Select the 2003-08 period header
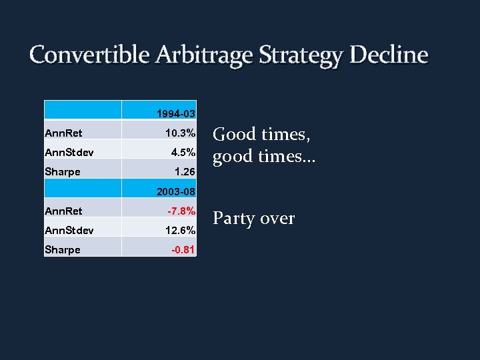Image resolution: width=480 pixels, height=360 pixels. [176, 193]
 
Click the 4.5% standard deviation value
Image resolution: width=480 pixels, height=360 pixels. [183, 152]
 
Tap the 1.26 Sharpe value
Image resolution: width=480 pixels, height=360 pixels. [184, 172]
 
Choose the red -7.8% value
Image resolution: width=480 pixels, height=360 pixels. [181, 211]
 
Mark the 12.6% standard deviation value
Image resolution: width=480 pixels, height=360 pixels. [181, 231]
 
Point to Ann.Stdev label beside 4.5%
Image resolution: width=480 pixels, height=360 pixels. [69, 152]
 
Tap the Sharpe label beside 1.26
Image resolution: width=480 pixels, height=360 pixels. [62, 172]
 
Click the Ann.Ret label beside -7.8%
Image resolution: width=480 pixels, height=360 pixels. [63, 211]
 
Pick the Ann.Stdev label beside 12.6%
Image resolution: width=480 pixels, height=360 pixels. [69, 231]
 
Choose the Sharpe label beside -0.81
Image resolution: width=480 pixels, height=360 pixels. [62, 249]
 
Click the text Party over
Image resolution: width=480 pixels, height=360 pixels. [253, 219]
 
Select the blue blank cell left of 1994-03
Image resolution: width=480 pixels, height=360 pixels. [83, 111]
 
